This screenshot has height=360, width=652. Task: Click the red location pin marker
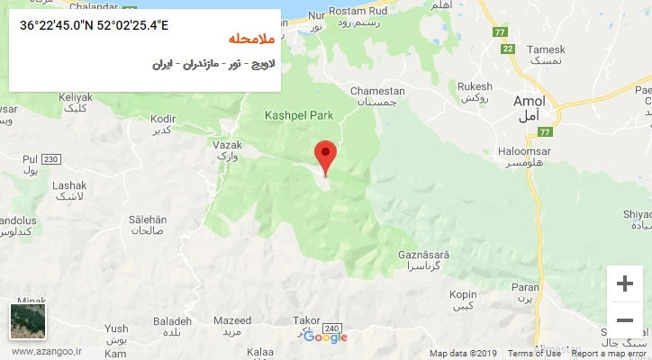pyautogui.click(x=325, y=156)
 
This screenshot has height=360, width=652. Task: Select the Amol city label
pyautogui.click(x=529, y=102)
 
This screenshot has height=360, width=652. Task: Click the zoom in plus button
pyautogui.click(x=624, y=283)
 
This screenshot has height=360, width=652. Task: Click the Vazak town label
pyautogui.click(x=227, y=144)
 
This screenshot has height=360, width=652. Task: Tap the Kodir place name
pyautogui.click(x=163, y=118)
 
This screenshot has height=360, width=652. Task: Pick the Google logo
pyautogui.click(x=325, y=337)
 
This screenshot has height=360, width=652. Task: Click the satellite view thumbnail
pyautogui.click(x=27, y=321)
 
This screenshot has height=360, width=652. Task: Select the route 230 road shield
pyautogui.click(x=51, y=159)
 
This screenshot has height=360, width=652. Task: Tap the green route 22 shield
pyautogui.click(x=508, y=49)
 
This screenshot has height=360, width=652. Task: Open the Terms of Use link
pyautogui.click(x=533, y=354)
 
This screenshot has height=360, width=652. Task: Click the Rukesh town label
pyautogui.click(x=475, y=86)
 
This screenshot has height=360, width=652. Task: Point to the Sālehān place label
pyautogui.click(x=148, y=220)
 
